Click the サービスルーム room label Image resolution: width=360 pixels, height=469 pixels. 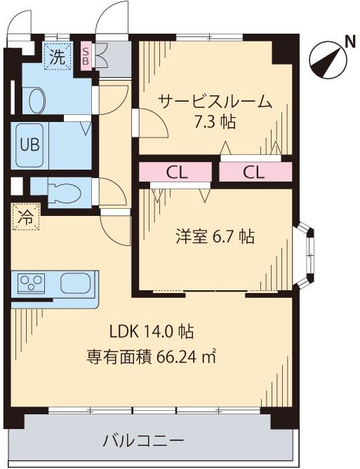(215, 102)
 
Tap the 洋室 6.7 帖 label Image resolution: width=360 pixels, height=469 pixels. (215, 236)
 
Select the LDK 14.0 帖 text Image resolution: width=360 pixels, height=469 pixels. (152, 332)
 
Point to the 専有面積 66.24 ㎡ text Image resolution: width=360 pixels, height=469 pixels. (152, 356)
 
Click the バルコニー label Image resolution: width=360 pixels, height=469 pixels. (143, 441)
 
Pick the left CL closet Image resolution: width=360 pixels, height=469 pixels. (175, 172)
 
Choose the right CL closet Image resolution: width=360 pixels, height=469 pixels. (255, 172)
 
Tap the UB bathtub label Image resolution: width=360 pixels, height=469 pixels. (29, 145)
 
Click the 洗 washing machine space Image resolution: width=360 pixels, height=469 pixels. (58, 56)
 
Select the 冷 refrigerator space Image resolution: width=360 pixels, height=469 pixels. (26, 217)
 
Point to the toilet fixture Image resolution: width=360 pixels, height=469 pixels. (65, 193)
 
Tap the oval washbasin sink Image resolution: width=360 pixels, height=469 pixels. (37, 100)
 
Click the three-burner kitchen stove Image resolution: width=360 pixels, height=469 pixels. (31, 283)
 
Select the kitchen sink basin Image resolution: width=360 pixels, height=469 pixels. (75, 283)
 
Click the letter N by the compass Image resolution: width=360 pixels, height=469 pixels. (349, 42)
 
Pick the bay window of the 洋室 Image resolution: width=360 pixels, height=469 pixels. (307, 255)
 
